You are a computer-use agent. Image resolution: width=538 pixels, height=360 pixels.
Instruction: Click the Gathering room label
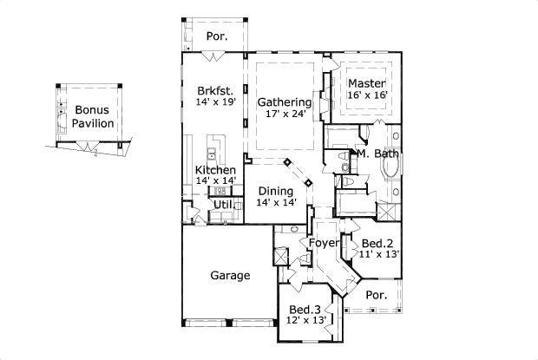point(285,101)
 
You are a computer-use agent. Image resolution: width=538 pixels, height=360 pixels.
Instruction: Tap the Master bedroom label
point(367,83)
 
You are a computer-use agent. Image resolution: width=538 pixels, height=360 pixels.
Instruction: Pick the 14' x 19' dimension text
point(216,101)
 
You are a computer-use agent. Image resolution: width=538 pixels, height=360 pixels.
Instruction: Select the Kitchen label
point(215,169)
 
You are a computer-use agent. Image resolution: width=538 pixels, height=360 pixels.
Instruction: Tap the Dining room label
point(275,190)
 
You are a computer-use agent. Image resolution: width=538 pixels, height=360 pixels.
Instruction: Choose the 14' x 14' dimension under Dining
point(276,202)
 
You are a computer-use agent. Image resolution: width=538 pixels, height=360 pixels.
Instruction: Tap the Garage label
point(230,276)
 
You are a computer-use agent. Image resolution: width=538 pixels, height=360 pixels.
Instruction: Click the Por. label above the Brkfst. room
point(216,36)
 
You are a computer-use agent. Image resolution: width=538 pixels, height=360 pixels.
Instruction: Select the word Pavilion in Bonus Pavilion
point(93,123)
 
